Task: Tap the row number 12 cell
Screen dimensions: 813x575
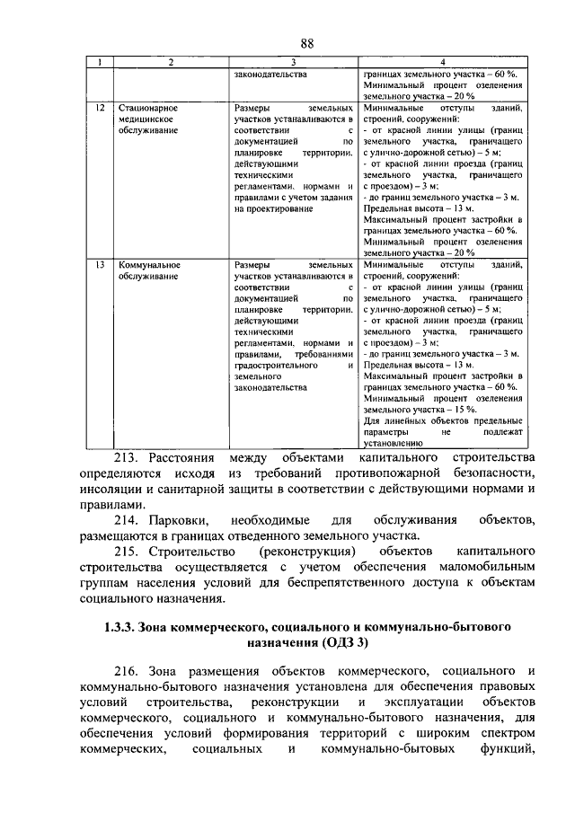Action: pos(102,108)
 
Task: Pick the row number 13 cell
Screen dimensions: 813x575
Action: pos(102,266)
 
